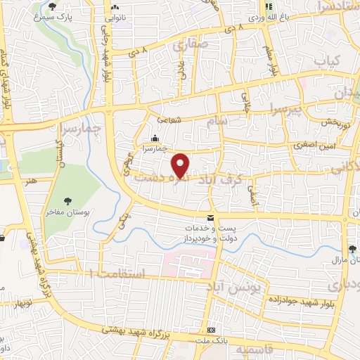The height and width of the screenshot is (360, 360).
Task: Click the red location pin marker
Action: pos(181,165)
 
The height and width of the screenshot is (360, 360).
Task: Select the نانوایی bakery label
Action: pos(115,14)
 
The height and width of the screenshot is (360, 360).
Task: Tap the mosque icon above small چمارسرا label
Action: pos(155,138)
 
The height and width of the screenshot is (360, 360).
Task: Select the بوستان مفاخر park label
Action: pos(67,213)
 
